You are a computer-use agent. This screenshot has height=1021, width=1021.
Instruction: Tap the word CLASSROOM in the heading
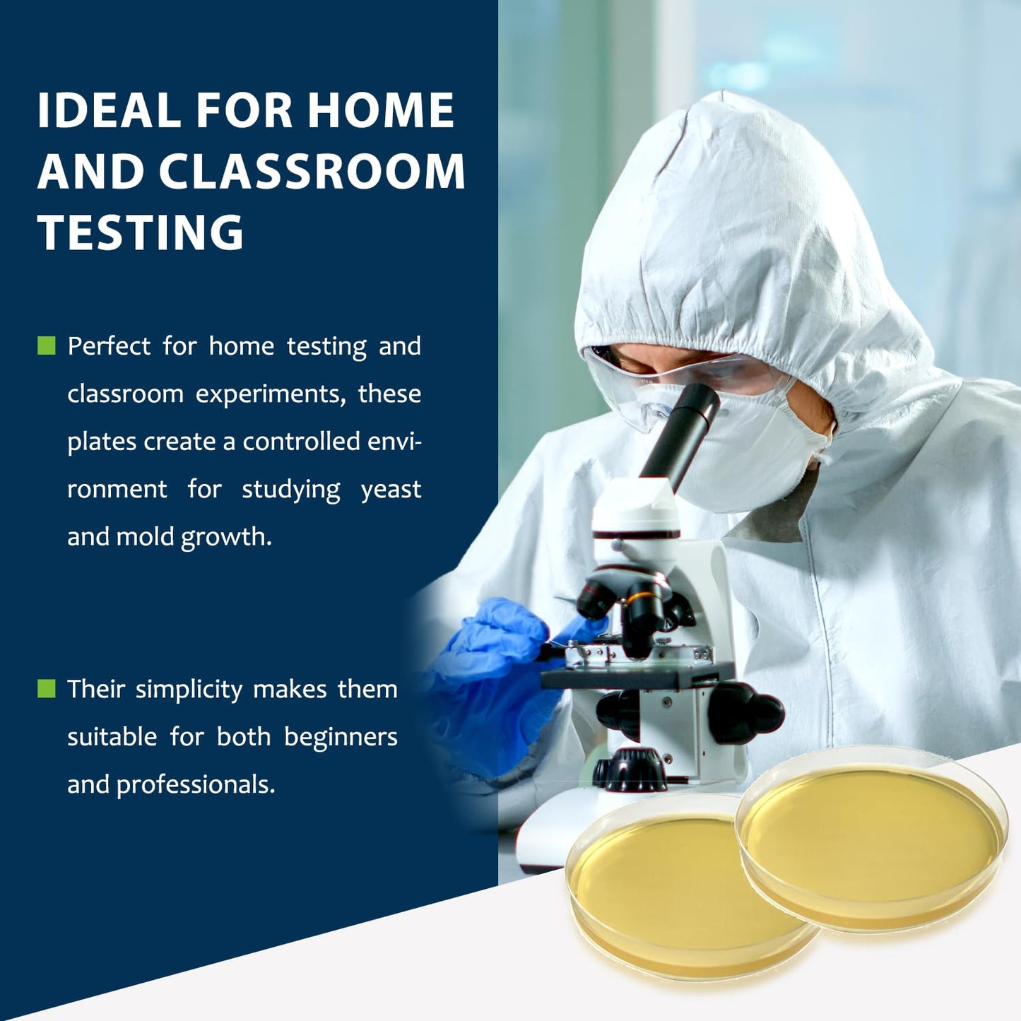click(312, 172)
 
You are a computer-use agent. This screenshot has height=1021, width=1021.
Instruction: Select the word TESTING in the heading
click(141, 232)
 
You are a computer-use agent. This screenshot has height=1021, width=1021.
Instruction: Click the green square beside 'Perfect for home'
click(47, 346)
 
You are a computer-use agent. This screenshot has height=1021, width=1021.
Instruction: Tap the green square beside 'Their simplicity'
click(47, 688)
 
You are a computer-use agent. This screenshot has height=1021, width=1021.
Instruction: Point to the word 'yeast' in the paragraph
click(391, 490)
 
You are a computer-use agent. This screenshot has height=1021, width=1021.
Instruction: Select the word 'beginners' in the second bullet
click(341, 737)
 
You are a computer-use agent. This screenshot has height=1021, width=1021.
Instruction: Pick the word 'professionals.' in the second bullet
click(196, 785)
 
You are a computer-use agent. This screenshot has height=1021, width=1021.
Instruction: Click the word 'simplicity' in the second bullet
click(189, 690)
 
